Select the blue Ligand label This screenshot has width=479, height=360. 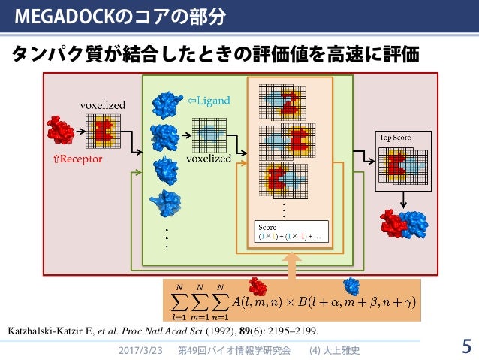tap(209, 100)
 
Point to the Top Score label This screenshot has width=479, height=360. tap(395, 138)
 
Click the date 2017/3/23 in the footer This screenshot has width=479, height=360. tap(140, 350)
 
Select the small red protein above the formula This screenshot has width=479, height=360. tap(257, 286)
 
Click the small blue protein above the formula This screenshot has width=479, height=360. tap(351, 286)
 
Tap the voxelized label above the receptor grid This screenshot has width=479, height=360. tap(103, 105)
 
